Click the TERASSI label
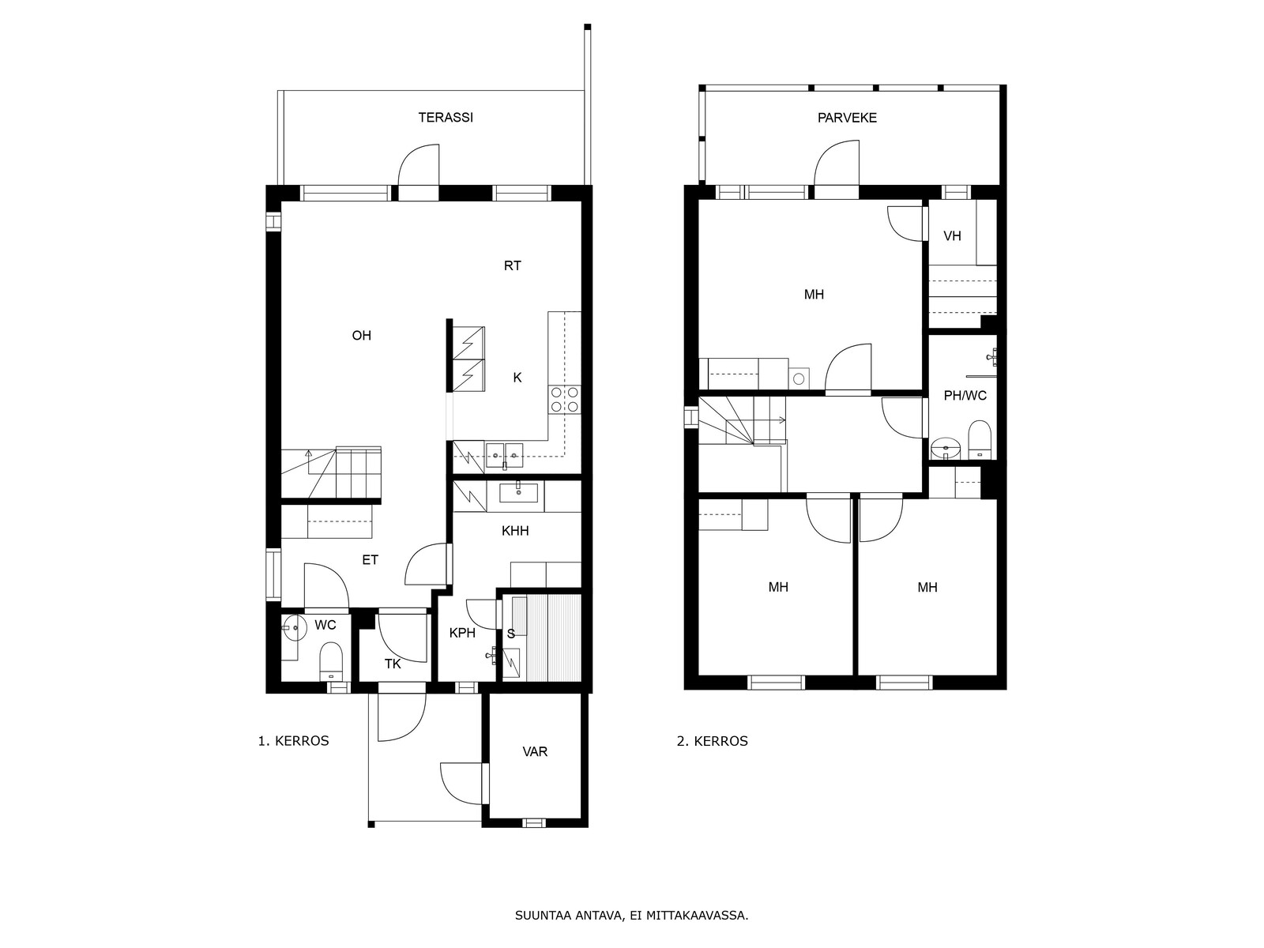[x=445, y=118]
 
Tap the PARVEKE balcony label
[x=847, y=118]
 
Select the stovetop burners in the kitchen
[x=565, y=400]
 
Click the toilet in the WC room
[x=330, y=662]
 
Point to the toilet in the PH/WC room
[x=979, y=440]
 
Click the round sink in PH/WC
[x=946, y=448]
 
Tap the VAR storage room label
[x=535, y=752]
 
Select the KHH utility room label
[x=515, y=531]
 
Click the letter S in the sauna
[x=511, y=634]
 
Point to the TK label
[x=393, y=664]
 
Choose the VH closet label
[x=953, y=236]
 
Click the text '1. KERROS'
[x=293, y=741]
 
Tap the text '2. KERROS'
[x=713, y=741]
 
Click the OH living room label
[x=362, y=336]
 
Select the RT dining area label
[x=513, y=266]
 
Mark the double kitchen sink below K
[x=505, y=455]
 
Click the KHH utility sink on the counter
[x=518, y=493]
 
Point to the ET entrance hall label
[x=371, y=560]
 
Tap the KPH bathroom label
[x=462, y=633]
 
